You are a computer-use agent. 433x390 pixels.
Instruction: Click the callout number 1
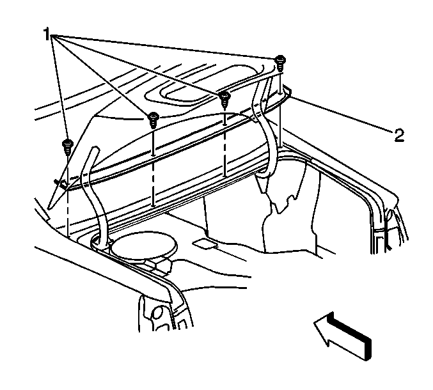(47, 34)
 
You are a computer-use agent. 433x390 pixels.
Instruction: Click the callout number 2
(399, 136)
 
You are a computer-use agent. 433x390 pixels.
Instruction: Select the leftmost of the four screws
(67, 146)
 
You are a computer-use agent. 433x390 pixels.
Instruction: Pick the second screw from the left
(153, 120)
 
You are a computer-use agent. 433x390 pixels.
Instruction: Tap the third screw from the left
(224, 99)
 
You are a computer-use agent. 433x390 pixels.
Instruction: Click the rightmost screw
(280, 63)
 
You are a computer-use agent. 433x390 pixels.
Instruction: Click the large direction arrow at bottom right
(342, 336)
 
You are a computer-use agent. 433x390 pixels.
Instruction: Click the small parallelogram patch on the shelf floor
(205, 244)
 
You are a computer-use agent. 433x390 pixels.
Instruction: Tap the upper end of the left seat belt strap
(95, 149)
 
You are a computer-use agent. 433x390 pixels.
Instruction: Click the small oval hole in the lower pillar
(157, 313)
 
